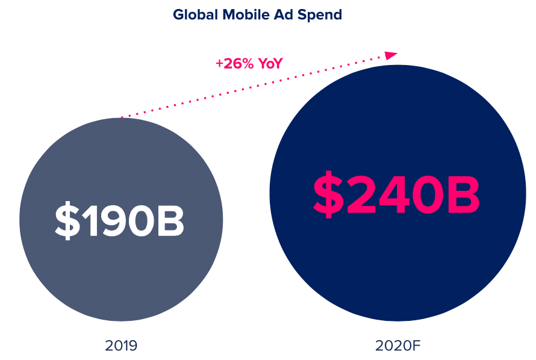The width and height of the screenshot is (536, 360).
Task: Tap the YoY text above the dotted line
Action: tap(270, 63)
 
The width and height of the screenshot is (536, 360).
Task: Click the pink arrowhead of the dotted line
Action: tap(392, 55)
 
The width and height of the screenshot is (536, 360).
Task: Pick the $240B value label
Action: tap(396, 194)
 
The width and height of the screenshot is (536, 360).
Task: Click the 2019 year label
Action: tap(121, 346)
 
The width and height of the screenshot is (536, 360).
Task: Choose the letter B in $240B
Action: tap(463, 194)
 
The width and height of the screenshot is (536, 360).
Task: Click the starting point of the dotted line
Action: tap(122, 117)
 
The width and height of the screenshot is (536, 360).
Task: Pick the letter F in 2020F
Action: tap(417, 346)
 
